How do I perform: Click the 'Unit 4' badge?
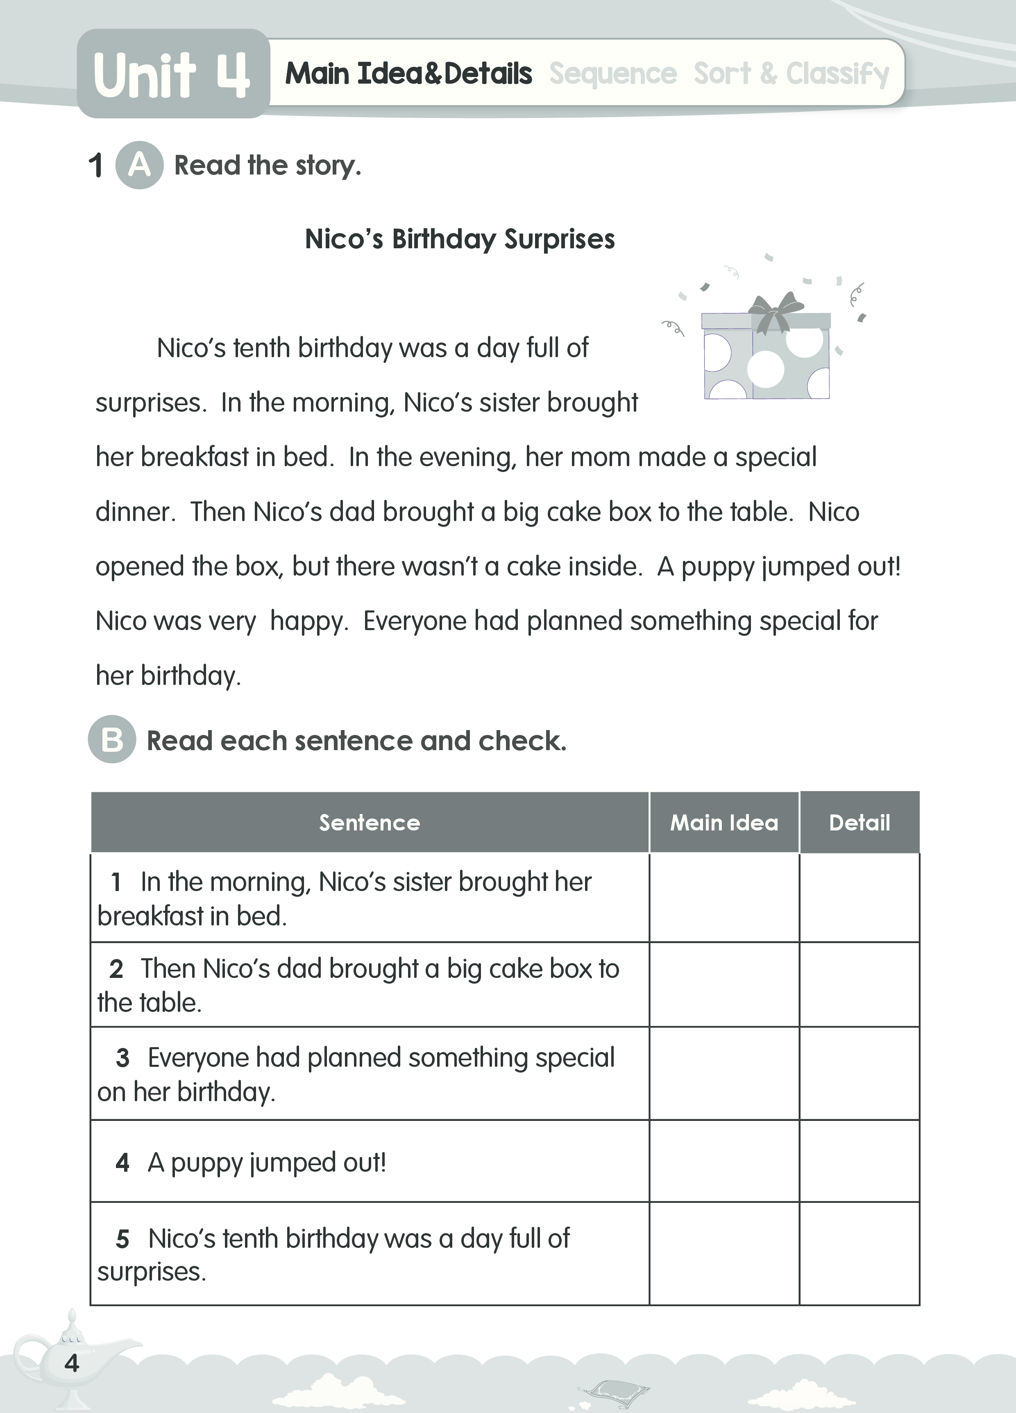click(x=172, y=75)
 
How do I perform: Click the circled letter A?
click(x=140, y=165)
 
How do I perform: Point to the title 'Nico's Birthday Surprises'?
click(x=460, y=239)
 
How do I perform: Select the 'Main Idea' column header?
click(x=724, y=822)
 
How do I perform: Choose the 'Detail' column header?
click(x=859, y=822)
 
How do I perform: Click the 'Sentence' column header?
click(x=370, y=822)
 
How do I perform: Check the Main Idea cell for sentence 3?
click(x=724, y=1073)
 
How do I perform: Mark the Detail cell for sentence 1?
click(x=859, y=898)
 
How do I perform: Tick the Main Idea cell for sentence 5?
click(x=724, y=1254)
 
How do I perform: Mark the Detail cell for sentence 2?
click(x=859, y=984)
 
